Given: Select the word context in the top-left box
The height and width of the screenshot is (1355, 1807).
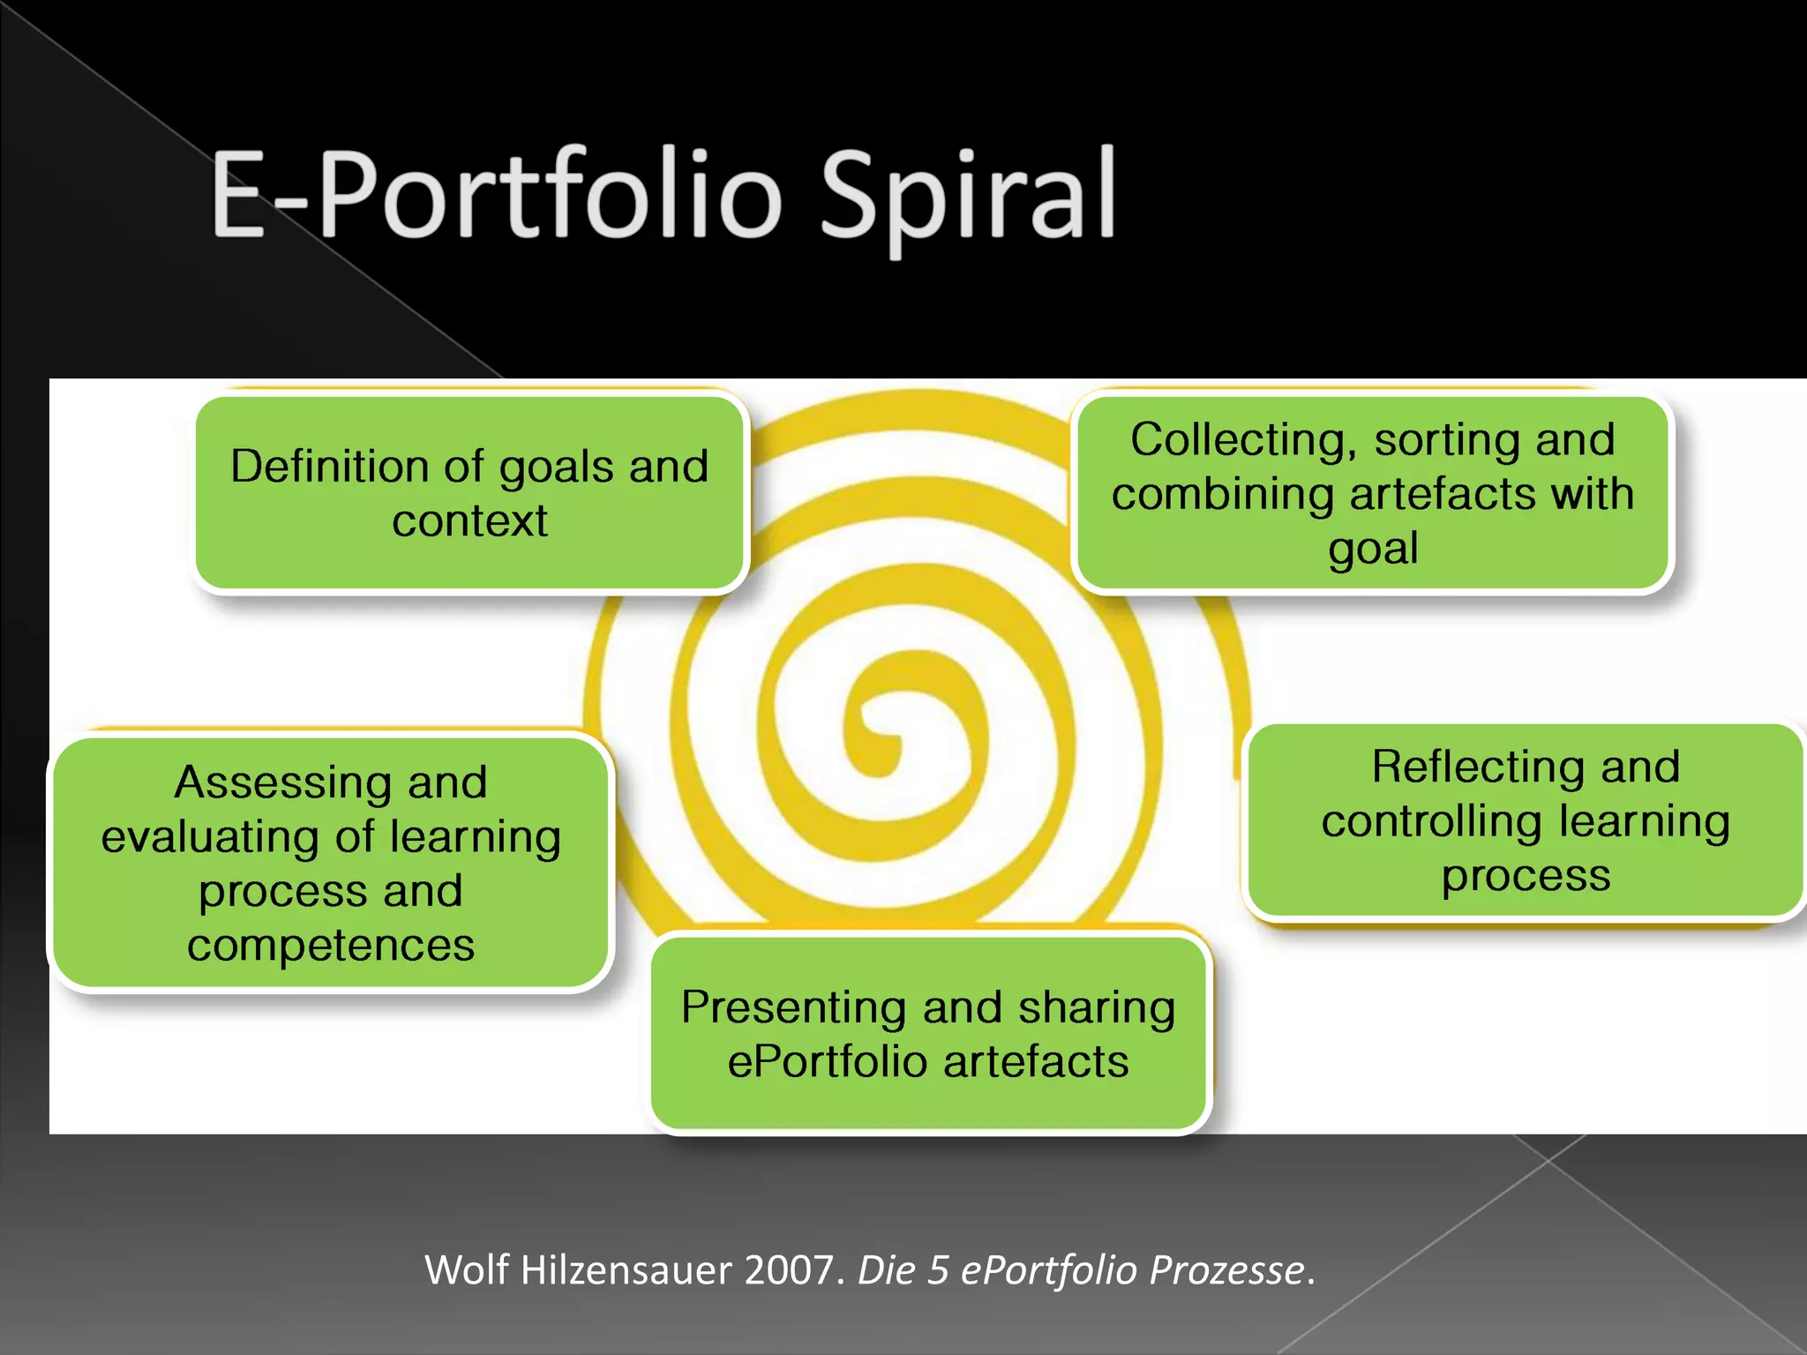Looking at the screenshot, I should [x=469, y=520].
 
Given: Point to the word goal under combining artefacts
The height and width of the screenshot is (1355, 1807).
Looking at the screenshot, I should [x=1373, y=548].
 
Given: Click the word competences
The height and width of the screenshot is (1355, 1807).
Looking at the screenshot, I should [x=331, y=946].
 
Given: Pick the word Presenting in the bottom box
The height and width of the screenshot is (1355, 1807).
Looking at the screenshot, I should [x=793, y=1007].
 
